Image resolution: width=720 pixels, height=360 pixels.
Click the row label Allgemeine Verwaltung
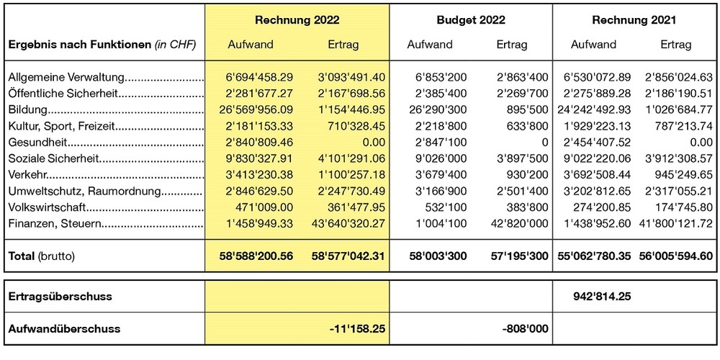pyautogui.click(x=67, y=77)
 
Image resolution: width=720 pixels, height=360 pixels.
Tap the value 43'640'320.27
pyautogui.click(x=341, y=224)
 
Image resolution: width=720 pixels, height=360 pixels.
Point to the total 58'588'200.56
pyautogui.click(x=246, y=256)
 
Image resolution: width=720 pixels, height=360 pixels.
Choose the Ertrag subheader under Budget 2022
pyautogui.click(x=512, y=45)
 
